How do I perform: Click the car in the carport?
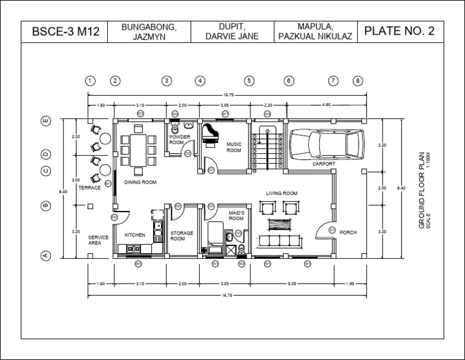(x=327, y=144)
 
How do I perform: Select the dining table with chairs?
(x=137, y=147)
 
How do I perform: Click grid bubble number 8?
(x=358, y=81)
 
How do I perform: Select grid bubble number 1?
(x=90, y=81)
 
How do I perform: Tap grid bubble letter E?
(x=45, y=121)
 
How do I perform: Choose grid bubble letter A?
(x=45, y=256)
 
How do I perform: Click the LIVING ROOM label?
(x=282, y=193)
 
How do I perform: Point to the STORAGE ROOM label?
(x=181, y=236)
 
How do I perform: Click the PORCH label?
(x=348, y=232)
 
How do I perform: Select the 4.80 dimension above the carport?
(x=326, y=105)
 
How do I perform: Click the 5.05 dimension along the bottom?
(x=292, y=284)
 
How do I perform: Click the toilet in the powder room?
(x=174, y=129)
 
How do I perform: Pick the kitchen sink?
(x=157, y=228)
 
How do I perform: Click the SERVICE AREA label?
(x=98, y=240)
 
